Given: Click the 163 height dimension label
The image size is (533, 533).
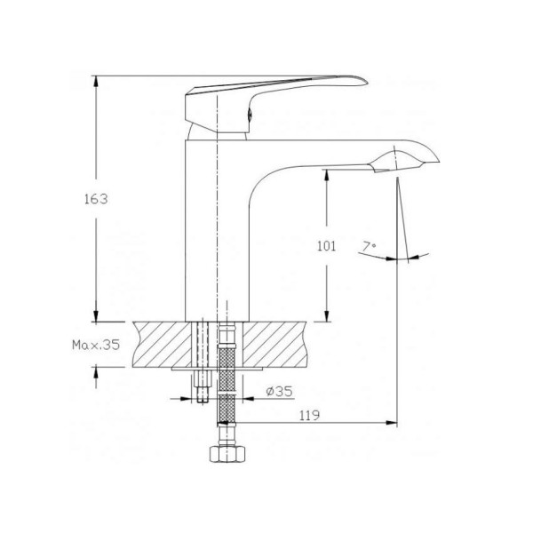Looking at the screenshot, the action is point(96,199).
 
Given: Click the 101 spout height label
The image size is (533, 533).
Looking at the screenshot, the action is point(326,245).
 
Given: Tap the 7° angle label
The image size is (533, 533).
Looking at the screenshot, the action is point(369,246).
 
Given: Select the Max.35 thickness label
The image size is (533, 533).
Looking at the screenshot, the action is point(96,345).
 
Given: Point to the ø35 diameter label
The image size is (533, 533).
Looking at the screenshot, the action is point(279,391).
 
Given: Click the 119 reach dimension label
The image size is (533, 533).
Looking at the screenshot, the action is point(309,415).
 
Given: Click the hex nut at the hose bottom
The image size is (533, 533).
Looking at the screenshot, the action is point(227,454).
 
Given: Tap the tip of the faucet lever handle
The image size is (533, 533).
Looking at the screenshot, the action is point(367,82).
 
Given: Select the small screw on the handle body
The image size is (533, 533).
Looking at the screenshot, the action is point(249,115).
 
